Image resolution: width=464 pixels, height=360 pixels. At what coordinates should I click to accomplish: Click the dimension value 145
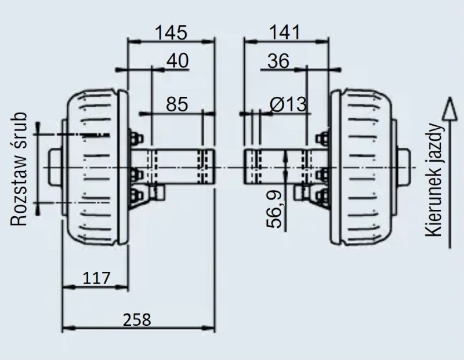pyautogui.click(x=171, y=32)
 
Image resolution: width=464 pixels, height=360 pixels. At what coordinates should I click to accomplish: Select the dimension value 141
pyautogui.click(x=285, y=32)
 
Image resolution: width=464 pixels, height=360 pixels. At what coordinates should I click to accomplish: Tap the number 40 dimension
pyautogui.click(x=177, y=61)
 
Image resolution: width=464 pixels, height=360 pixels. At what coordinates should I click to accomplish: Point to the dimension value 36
pyautogui.click(x=278, y=61)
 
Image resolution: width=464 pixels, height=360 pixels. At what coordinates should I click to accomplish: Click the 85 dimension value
pyautogui.click(x=177, y=104)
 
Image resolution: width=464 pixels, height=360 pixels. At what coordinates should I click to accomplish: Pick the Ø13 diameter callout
pyautogui.click(x=288, y=104)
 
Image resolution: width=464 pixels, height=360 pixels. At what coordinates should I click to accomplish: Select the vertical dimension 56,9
pyautogui.click(x=274, y=209)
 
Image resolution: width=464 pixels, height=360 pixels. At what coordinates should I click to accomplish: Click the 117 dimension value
pyautogui.click(x=96, y=278)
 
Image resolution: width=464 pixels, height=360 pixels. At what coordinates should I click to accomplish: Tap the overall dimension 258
pyautogui.click(x=137, y=320)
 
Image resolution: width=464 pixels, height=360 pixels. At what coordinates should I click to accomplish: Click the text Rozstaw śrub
pyautogui.click(x=19, y=169)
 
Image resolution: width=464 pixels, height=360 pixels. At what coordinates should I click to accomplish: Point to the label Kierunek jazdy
pyautogui.click(x=434, y=180)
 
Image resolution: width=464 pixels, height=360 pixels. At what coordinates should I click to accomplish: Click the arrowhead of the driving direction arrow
pyautogui.click(x=449, y=108)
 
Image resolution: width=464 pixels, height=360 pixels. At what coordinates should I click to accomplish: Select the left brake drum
pyautogui.click(x=94, y=168)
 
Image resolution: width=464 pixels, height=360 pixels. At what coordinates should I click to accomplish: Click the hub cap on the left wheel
pyautogui.click(x=55, y=168)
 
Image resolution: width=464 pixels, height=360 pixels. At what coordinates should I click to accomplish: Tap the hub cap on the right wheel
pyautogui.click(x=404, y=168)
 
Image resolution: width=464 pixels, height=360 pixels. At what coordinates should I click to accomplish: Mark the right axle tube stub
pyautogui.click(x=285, y=166)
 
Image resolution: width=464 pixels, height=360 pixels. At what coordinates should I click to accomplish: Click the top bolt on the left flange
pyautogui.click(x=136, y=138)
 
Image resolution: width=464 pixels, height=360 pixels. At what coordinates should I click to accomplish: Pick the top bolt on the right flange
pyautogui.click(x=322, y=138)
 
